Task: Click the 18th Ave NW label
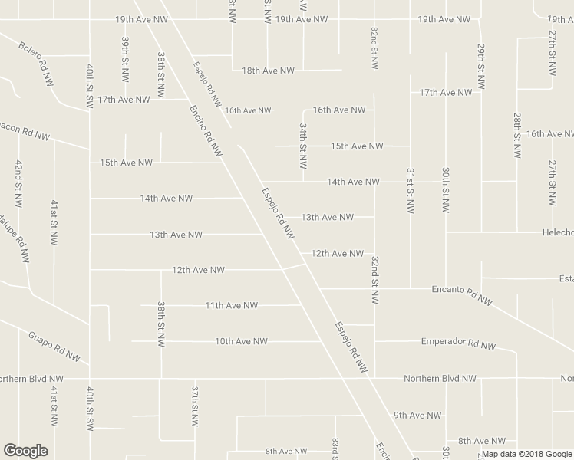click(x=268, y=71)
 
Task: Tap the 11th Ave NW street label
click(x=231, y=305)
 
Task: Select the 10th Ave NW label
click(x=241, y=341)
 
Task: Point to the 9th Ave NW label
click(x=417, y=416)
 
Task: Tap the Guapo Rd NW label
click(x=54, y=345)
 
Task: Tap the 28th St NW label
click(x=517, y=136)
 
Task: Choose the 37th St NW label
click(x=196, y=406)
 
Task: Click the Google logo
click(x=25, y=451)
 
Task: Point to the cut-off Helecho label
click(x=556, y=232)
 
